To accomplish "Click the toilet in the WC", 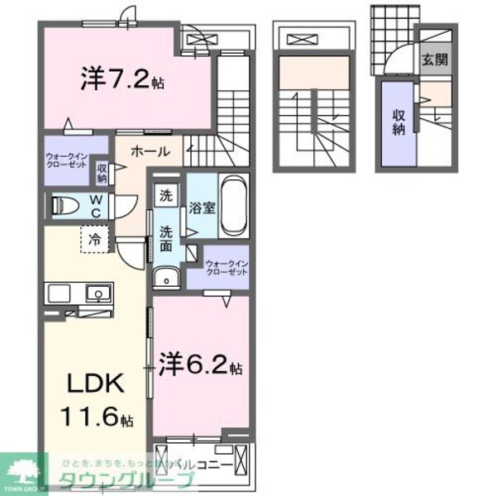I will click(67, 203).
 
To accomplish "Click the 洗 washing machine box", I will click(166, 198).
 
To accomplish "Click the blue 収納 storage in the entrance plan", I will click(398, 122).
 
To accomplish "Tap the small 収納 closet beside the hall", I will click(103, 173).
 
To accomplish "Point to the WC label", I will click(97, 203).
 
